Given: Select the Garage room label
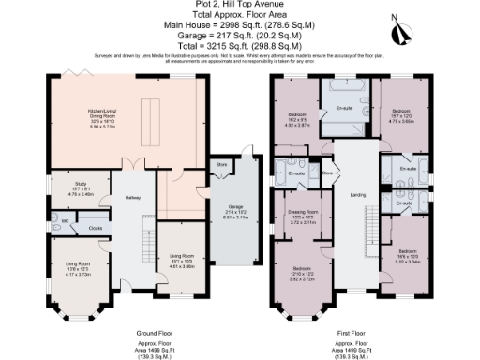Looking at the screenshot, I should [x=229, y=208].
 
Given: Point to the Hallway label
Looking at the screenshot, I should [x=120, y=197].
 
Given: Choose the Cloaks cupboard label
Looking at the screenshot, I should [x=96, y=227].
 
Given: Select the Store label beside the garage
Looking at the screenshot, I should [x=221, y=166].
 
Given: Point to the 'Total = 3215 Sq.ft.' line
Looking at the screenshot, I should [x=240, y=45].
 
